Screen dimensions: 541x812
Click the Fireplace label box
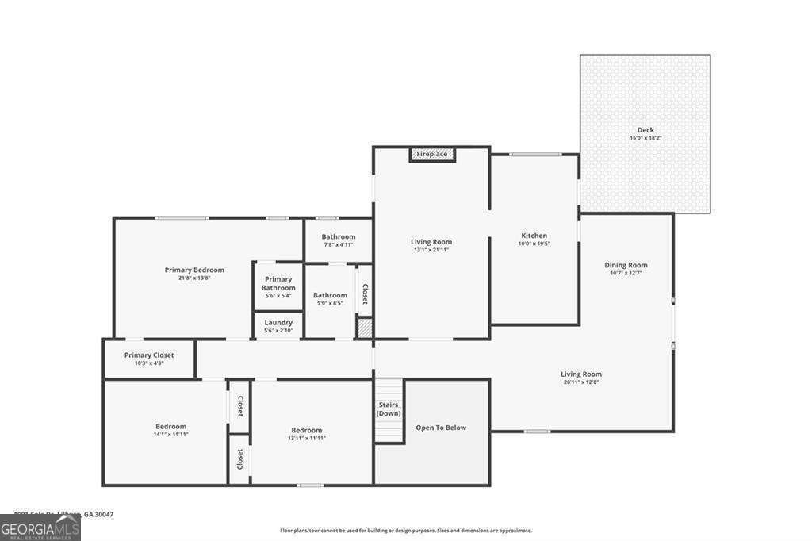[x=432, y=154]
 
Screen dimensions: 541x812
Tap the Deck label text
[x=645, y=130]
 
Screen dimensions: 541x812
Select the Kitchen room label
[x=534, y=236]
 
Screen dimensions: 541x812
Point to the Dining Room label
[x=626, y=265]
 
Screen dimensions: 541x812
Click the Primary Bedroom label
[x=194, y=270]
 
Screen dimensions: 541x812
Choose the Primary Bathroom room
[x=278, y=284]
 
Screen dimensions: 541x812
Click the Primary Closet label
[x=149, y=355]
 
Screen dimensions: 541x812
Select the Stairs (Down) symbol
[x=389, y=411]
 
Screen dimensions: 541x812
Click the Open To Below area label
[x=441, y=428]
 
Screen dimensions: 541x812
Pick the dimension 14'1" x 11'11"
[x=170, y=435]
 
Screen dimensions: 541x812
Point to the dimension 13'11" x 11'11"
[x=306, y=438]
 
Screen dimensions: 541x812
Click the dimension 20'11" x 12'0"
[x=581, y=382]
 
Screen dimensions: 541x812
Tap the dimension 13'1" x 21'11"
[x=431, y=250]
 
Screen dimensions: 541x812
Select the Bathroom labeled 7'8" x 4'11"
[x=339, y=240]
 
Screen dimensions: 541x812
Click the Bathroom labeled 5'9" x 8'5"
[x=330, y=298]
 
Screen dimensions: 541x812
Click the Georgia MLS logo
[x=40, y=527]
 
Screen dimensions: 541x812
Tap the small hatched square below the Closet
[x=364, y=328]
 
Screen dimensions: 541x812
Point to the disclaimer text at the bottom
[x=405, y=531]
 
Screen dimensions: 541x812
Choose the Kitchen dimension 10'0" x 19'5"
[x=534, y=244]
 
